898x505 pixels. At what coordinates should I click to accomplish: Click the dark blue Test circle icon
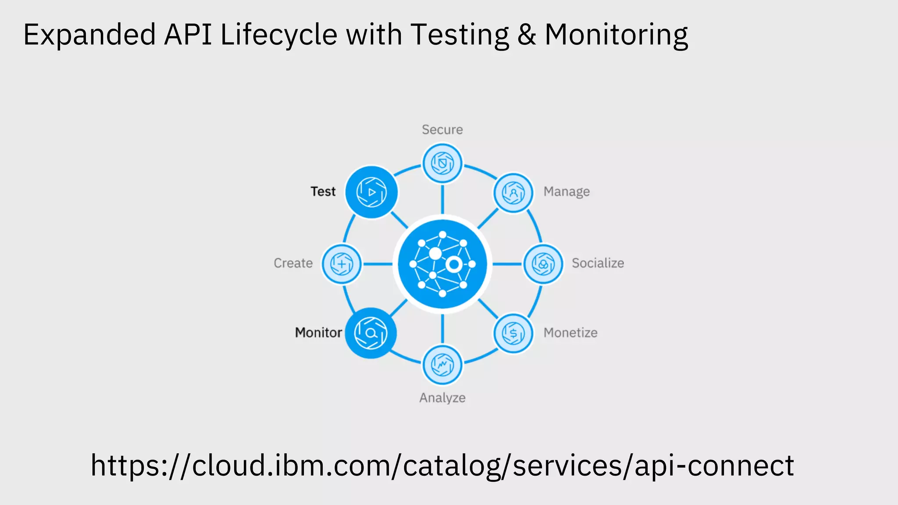[371, 192]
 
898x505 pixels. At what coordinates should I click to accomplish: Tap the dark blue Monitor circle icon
[371, 333]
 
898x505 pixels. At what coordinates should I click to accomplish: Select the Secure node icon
[442, 164]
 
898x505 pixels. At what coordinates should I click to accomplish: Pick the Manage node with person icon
[513, 193]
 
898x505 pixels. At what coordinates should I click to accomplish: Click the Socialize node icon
[543, 264]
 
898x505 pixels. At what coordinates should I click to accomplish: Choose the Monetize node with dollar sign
[513, 333]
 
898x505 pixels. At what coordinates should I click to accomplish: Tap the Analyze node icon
[442, 365]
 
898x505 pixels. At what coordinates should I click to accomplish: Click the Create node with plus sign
[342, 264]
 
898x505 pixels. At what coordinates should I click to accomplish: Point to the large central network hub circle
[442, 264]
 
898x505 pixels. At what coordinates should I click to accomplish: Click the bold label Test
[323, 192]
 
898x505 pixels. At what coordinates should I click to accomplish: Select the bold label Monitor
[318, 333]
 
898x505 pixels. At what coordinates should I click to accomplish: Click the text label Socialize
[598, 263]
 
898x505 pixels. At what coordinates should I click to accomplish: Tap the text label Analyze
[442, 398]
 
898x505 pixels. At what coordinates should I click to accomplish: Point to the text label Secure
[442, 130]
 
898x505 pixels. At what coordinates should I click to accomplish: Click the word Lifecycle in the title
[278, 35]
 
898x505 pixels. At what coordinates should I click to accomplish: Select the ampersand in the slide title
[526, 35]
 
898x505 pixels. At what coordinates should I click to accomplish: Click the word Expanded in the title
[89, 35]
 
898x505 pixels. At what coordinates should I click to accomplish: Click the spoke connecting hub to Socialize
[507, 264]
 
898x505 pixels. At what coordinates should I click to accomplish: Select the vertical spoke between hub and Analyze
[442, 329]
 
